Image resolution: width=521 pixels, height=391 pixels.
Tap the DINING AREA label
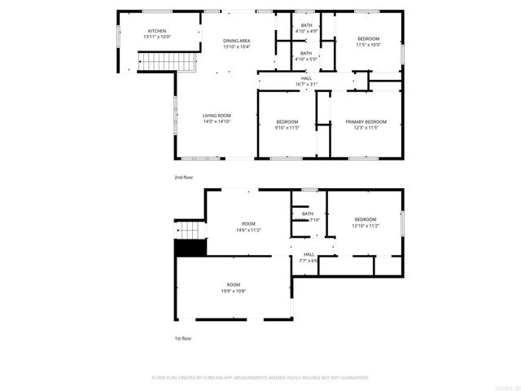[x=237, y=41]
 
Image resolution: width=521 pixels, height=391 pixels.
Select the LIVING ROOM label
[x=217, y=116]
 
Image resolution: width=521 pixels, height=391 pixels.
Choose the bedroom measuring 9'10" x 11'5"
[x=288, y=128]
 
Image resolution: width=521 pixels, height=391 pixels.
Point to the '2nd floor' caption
[x=183, y=177]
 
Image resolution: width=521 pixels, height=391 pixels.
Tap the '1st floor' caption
[x=183, y=338]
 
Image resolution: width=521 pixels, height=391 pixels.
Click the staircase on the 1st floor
[x=189, y=228]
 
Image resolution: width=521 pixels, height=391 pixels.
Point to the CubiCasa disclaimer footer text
[x=260, y=378]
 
